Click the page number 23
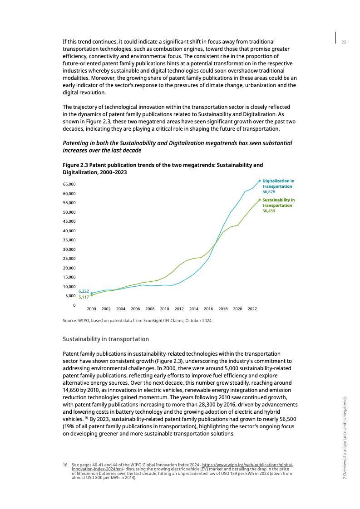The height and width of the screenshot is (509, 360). pos(344,42)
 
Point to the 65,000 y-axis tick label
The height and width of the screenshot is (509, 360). pos(69,184)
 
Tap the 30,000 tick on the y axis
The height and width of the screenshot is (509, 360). pos(69,250)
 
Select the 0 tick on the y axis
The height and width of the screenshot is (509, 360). pos(74,305)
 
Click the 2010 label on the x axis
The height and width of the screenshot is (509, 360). pos(164,309)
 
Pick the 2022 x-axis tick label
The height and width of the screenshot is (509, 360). pos(252,309)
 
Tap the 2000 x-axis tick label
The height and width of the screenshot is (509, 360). pos(91,309)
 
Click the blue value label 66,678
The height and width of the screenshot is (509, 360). pos(269,192)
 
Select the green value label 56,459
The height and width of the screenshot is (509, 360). pos(269,211)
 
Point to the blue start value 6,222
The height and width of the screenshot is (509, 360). pos(84,291)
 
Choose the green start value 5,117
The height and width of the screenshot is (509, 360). pos(84,297)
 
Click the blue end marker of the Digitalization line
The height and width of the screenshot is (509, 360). pos(260,181)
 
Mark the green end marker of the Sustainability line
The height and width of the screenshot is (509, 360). pos(260,200)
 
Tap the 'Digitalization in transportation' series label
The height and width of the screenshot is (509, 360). pos(278,184)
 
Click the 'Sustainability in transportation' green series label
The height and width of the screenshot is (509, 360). pos(278,203)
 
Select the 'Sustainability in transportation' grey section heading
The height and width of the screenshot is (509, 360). pos(105,339)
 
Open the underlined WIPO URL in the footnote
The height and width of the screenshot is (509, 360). pos(247,465)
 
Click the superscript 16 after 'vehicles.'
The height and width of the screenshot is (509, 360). pos(86,417)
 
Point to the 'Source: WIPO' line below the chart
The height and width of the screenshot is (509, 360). pos(138,321)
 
